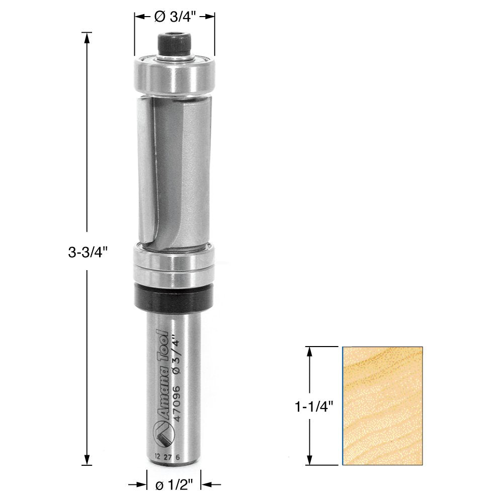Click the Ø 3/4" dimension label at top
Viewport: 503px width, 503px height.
pos(175,17)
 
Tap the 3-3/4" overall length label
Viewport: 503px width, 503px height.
pos(87,253)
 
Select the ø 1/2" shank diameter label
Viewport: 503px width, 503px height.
pos(174,485)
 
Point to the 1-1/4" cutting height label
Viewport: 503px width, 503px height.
pos(314,407)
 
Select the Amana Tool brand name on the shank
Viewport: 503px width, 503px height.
pos(162,375)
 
